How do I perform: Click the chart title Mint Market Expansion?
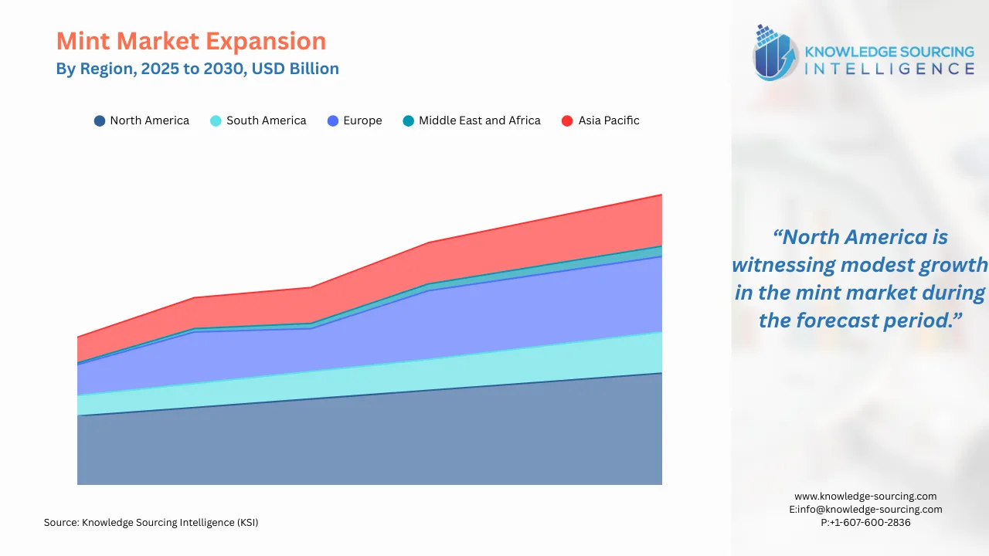point(191,41)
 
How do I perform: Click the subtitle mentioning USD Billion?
point(197,69)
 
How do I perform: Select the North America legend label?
point(149,120)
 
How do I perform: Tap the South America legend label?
point(266,120)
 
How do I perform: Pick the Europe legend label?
point(362,120)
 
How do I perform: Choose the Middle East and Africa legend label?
point(479,120)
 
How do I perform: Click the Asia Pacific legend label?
point(609,120)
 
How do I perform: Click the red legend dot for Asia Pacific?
point(567,120)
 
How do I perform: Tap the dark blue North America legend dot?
point(100,120)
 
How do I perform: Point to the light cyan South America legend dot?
point(216,120)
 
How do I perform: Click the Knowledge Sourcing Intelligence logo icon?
point(775,53)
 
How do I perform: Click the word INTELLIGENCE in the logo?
point(889,69)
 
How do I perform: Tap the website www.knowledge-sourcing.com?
point(865,497)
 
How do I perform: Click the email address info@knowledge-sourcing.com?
point(870,510)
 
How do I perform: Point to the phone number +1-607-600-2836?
point(870,523)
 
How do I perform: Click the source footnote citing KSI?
point(151,523)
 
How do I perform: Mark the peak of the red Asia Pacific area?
point(661,196)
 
